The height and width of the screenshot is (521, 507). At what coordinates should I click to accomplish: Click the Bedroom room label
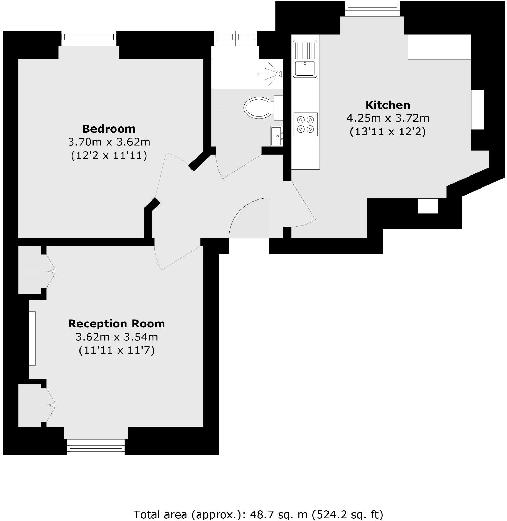tap(109, 129)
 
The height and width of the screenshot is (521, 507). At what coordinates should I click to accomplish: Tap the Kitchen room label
tap(388, 105)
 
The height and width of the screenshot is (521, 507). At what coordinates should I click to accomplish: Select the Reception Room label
tap(116, 324)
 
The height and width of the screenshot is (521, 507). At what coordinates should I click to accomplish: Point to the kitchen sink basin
tap(305, 68)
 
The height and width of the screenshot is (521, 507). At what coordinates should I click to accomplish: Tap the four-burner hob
tap(306, 124)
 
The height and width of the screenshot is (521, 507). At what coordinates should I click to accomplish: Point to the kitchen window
tap(372, 8)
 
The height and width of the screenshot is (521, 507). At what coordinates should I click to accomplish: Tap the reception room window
tap(96, 448)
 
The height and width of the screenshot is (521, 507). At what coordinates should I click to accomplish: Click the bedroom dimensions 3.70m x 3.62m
tap(109, 142)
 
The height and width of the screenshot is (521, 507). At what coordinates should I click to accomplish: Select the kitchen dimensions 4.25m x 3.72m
tap(388, 118)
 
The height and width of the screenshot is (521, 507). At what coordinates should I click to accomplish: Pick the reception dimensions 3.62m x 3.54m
tap(116, 337)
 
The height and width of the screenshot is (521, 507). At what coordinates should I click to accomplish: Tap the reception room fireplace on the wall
tap(32, 338)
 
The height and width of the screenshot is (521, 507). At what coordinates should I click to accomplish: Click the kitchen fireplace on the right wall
tap(478, 110)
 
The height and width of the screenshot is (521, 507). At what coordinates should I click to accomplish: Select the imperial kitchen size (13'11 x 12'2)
tap(388, 132)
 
